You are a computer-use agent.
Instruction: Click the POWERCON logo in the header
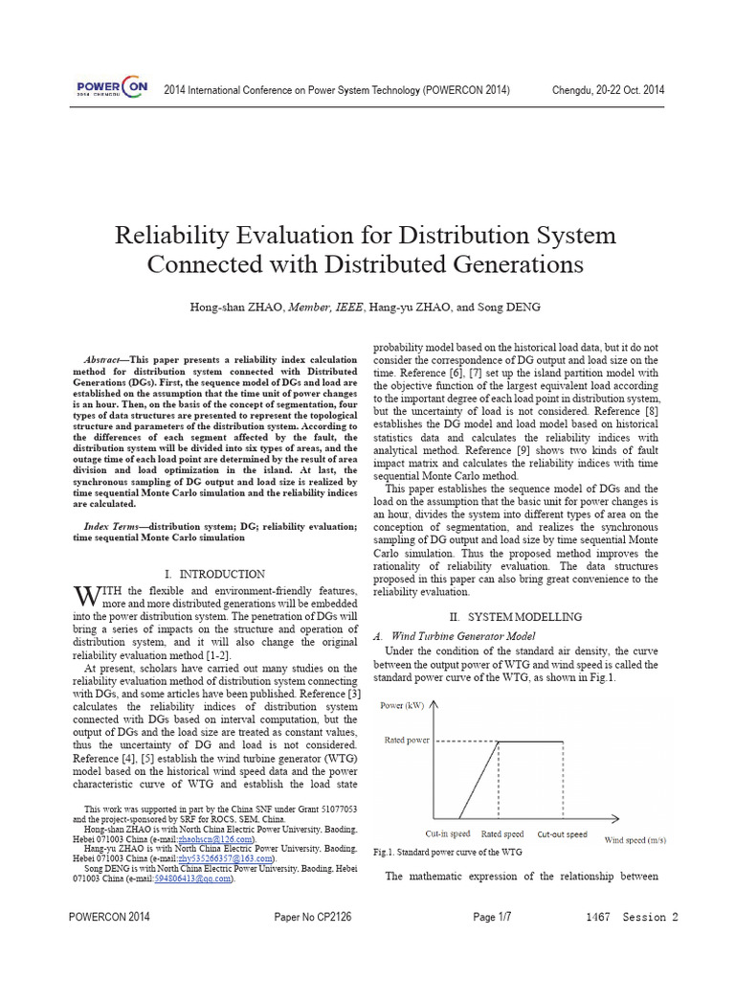112,88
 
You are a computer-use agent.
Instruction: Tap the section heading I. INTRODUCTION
214,574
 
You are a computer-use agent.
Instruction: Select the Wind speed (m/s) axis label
635,840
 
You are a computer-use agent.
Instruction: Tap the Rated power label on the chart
407,741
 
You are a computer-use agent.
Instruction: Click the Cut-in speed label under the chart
448,834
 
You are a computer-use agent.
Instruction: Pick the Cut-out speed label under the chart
562,834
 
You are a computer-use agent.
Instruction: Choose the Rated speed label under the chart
502,834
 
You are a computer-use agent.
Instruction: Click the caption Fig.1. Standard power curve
447,852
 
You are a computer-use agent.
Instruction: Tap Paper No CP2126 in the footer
313,918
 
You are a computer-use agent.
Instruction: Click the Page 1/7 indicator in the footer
492,918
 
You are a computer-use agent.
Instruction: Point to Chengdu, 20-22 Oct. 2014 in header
609,90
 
